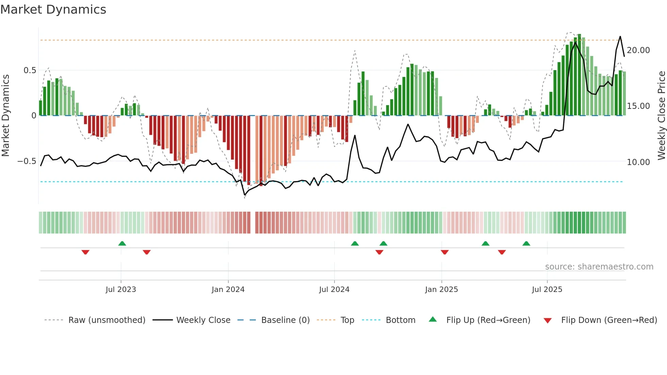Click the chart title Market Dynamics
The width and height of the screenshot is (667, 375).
click(53, 10)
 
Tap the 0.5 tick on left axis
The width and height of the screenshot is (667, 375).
click(30, 70)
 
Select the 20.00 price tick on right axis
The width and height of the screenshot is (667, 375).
click(638, 50)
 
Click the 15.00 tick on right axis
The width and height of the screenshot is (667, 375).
click(638, 106)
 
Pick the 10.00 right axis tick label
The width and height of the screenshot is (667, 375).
click(638, 162)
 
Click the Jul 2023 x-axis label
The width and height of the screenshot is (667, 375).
click(121, 290)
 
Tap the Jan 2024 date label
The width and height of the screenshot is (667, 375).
click(228, 290)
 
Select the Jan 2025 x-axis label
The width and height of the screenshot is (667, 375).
click(441, 290)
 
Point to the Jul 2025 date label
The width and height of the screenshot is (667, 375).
click(547, 290)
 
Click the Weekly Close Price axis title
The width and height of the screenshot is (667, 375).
click(661, 116)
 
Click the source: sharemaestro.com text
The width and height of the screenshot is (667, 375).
click(599, 267)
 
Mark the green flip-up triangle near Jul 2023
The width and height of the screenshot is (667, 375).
click(122, 243)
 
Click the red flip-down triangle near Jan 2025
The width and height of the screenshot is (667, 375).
click(444, 252)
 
